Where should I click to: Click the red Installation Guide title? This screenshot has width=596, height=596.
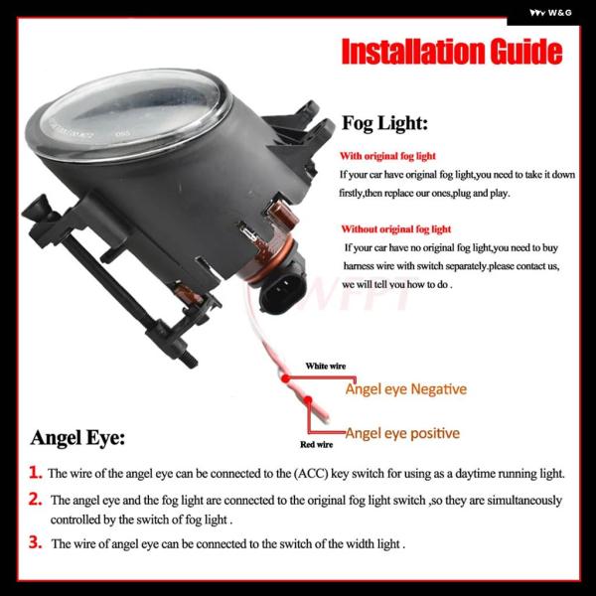point(452,52)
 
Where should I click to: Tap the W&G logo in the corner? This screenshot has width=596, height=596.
point(550,13)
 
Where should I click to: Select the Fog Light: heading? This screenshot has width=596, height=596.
point(384,123)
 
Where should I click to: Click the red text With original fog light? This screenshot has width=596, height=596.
point(387,156)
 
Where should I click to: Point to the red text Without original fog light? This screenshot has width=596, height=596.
point(395,229)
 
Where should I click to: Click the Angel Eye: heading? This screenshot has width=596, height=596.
point(77,437)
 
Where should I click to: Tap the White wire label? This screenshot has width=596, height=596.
point(326,366)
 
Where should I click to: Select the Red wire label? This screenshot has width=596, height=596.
point(316,444)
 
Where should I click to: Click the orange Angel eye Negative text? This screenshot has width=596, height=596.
point(406,389)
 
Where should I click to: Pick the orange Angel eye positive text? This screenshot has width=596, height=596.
point(402,433)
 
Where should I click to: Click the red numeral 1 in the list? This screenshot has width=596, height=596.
point(36,473)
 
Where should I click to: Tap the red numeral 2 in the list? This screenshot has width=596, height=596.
point(36,499)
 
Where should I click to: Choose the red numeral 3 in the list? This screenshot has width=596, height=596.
point(36,542)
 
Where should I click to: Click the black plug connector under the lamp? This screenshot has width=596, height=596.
point(282,292)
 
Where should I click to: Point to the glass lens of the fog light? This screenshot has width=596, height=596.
point(129,114)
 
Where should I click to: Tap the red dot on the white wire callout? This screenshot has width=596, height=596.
point(286,378)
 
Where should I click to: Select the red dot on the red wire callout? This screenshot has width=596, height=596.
point(308,400)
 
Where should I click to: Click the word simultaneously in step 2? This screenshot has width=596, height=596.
point(524,501)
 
